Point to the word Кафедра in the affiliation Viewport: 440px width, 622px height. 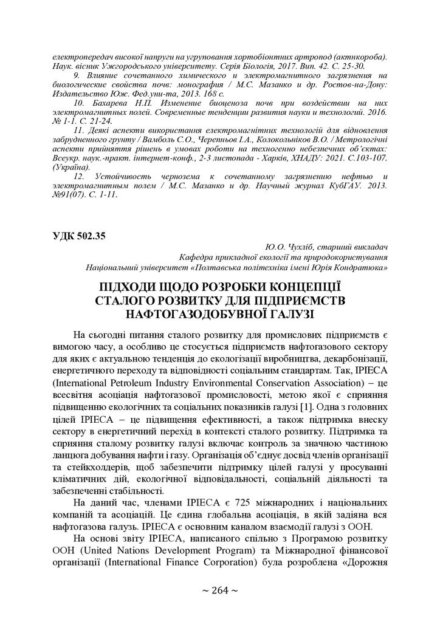[x=195, y=257]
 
